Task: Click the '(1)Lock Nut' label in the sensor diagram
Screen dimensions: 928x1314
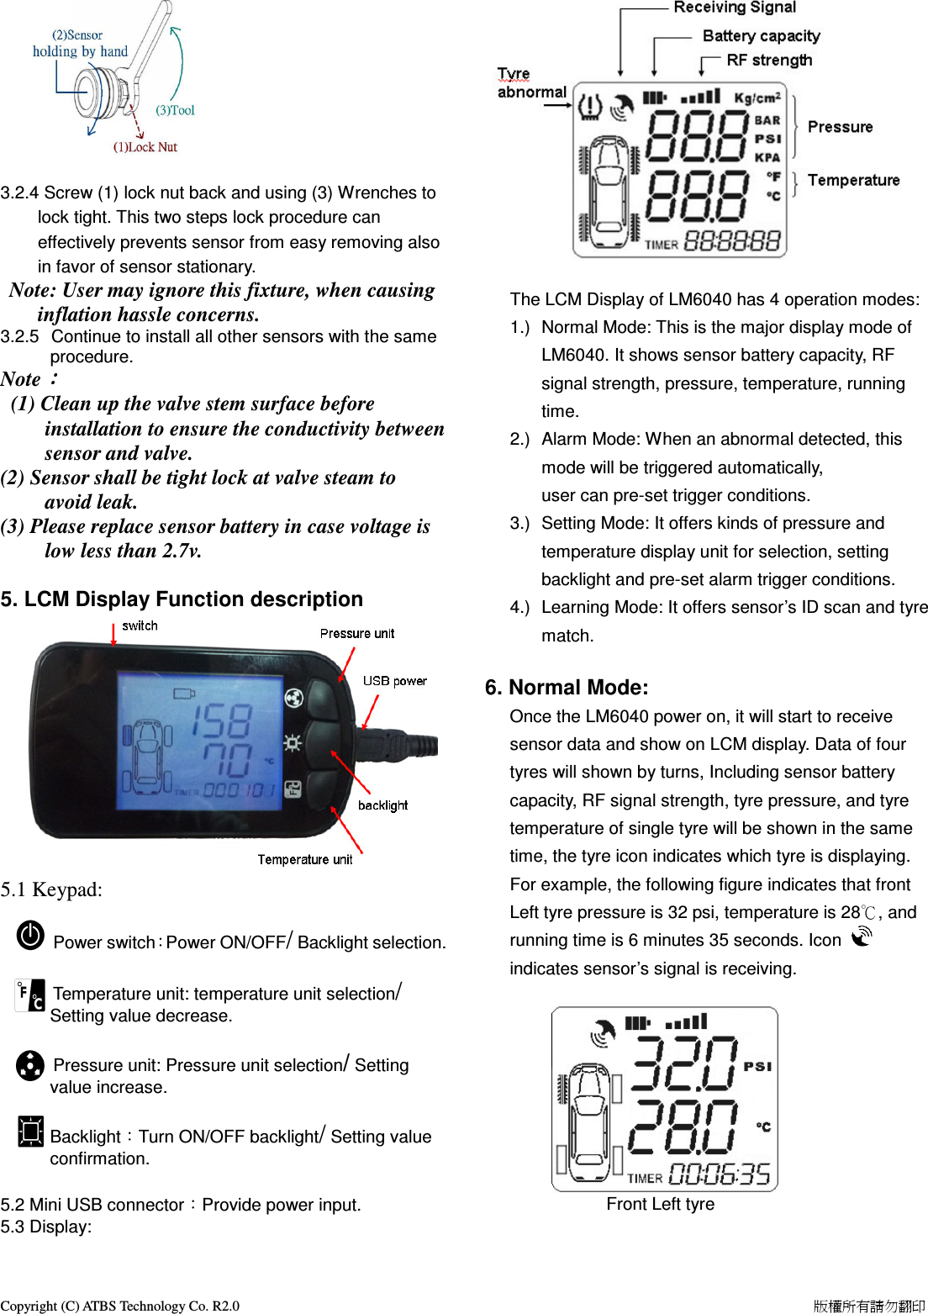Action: [x=145, y=147]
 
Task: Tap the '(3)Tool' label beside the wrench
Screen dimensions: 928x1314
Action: [x=175, y=110]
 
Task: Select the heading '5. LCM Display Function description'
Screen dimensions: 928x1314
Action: [x=182, y=599]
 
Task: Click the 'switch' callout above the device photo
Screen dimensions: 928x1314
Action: [x=140, y=625]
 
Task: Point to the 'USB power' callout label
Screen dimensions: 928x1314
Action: [x=394, y=681]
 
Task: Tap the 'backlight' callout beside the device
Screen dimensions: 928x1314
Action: [x=382, y=805]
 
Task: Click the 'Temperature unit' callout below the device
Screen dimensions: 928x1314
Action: [x=304, y=859]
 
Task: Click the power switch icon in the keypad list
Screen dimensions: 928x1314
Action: [x=31, y=935]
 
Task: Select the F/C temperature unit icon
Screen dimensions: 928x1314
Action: [x=30, y=995]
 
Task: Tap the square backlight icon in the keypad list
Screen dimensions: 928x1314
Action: [x=31, y=1131]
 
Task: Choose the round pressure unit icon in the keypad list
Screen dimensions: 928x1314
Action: [x=30, y=1065]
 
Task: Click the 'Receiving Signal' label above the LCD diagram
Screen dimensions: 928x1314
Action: [x=734, y=8]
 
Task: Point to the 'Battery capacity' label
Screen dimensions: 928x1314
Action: [x=761, y=36]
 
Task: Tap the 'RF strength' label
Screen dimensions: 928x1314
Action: [x=769, y=61]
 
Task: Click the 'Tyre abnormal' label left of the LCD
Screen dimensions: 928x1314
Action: [x=531, y=83]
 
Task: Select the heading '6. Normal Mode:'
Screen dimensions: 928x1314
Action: [x=567, y=688]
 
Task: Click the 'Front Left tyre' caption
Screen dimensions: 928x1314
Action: [x=660, y=1204]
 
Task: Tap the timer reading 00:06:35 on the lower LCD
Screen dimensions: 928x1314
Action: [x=720, y=1174]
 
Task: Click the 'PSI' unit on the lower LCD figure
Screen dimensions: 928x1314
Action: [x=757, y=1066]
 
